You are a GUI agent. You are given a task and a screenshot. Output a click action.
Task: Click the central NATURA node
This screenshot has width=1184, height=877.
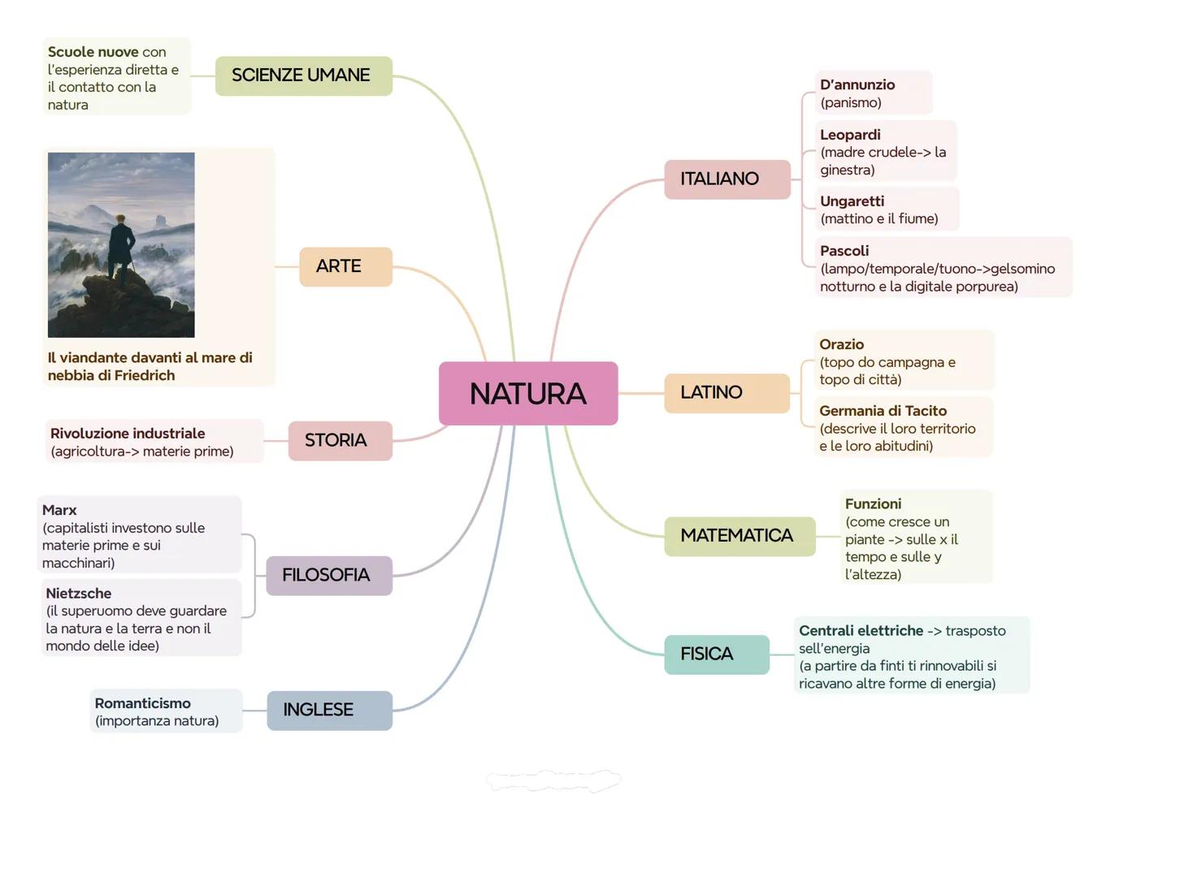click(x=528, y=394)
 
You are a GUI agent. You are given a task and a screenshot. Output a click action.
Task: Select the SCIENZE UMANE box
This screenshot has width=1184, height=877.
click(x=303, y=76)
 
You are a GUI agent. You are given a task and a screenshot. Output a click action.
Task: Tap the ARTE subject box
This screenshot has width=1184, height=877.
click(x=345, y=266)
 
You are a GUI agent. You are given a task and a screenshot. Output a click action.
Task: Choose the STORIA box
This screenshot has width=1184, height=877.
click(x=340, y=440)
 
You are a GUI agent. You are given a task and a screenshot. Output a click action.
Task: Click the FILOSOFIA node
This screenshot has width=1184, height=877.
click(x=328, y=575)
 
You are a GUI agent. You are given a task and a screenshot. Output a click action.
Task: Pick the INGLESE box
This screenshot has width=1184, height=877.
click(x=329, y=710)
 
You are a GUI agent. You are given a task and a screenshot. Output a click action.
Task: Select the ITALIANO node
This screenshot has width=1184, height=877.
click(x=726, y=179)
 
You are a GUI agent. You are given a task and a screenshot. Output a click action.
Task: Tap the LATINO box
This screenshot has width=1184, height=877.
click(x=726, y=393)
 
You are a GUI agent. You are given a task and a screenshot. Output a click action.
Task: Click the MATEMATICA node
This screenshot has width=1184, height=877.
click(x=739, y=536)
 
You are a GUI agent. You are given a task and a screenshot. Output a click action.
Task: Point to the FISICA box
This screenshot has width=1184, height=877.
click(x=716, y=655)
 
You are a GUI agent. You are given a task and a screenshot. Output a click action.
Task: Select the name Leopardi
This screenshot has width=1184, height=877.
click(x=850, y=135)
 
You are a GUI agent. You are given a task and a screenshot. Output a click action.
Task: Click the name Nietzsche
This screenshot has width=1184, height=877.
click(x=79, y=594)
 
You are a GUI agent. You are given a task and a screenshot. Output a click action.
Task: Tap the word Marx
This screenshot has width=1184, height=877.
click(x=59, y=510)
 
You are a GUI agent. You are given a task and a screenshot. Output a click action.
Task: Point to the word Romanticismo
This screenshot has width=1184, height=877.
click(x=143, y=703)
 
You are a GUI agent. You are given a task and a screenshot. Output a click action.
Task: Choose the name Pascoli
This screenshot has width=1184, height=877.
click(x=844, y=251)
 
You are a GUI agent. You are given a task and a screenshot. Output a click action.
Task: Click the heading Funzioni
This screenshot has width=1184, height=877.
click(x=873, y=503)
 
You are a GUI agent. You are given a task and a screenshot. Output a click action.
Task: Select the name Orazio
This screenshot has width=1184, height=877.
click(x=841, y=344)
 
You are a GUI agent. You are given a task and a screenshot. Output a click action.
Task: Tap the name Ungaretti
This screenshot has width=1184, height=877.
click(x=852, y=201)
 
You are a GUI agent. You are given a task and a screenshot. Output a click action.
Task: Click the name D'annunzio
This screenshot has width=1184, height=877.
click(x=857, y=84)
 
